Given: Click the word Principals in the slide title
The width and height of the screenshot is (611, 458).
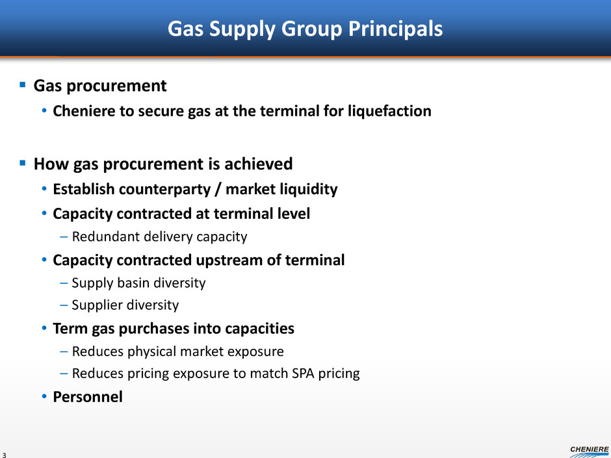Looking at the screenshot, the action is click(395, 29).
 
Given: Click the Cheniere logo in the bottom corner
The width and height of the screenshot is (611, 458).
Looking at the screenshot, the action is click(590, 452).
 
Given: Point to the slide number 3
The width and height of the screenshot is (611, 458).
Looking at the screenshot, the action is click(5, 455).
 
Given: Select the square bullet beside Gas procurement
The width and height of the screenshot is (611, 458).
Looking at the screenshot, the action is click(23, 84).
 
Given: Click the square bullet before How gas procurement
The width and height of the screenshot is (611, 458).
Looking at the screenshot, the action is click(23, 162).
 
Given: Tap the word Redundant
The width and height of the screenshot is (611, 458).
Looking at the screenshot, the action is click(105, 236).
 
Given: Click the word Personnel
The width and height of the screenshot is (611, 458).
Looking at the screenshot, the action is click(88, 397).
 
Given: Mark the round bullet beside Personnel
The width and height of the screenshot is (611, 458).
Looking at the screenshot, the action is click(44, 397).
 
